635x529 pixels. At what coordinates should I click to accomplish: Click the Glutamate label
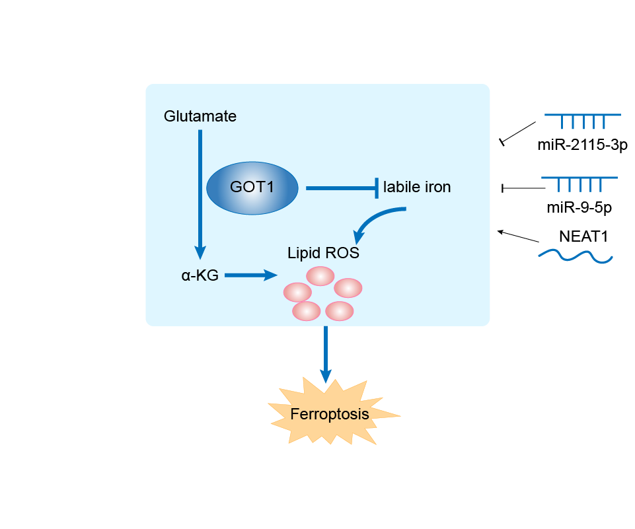click(x=200, y=117)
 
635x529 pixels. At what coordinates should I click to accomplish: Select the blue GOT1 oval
click(x=252, y=188)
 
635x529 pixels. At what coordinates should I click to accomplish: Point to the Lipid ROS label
click(x=323, y=253)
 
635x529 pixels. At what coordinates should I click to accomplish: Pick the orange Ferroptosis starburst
click(x=329, y=414)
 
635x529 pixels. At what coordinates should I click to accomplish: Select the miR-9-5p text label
click(x=579, y=207)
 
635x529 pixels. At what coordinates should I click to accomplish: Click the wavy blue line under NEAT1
click(x=575, y=256)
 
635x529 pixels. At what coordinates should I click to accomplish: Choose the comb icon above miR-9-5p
click(x=579, y=183)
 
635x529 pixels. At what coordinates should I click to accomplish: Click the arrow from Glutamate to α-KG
click(x=200, y=192)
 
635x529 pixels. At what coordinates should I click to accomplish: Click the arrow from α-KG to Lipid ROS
click(x=250, y=275)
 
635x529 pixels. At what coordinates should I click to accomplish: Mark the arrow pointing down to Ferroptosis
click(x=325, y=353)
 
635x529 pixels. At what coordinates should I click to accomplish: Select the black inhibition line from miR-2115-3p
click(x=519, y=131)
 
